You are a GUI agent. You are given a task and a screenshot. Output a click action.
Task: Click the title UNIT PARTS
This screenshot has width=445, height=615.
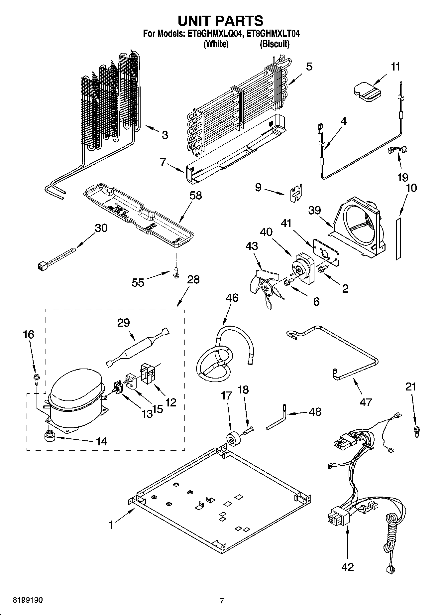click(x=221, y=21)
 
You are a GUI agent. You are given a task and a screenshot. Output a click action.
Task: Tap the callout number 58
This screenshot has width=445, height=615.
click(x=195, y=196)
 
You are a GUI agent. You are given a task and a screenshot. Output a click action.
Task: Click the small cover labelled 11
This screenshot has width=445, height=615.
click(x=367, y=91)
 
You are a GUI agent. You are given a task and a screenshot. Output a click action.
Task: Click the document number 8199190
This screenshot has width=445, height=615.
click(x=28, y=600)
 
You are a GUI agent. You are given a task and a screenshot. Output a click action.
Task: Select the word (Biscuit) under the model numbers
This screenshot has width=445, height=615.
click(x=274, y=44)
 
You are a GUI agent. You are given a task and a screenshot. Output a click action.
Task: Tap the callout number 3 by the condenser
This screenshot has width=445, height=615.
click(x=165, y=135)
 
